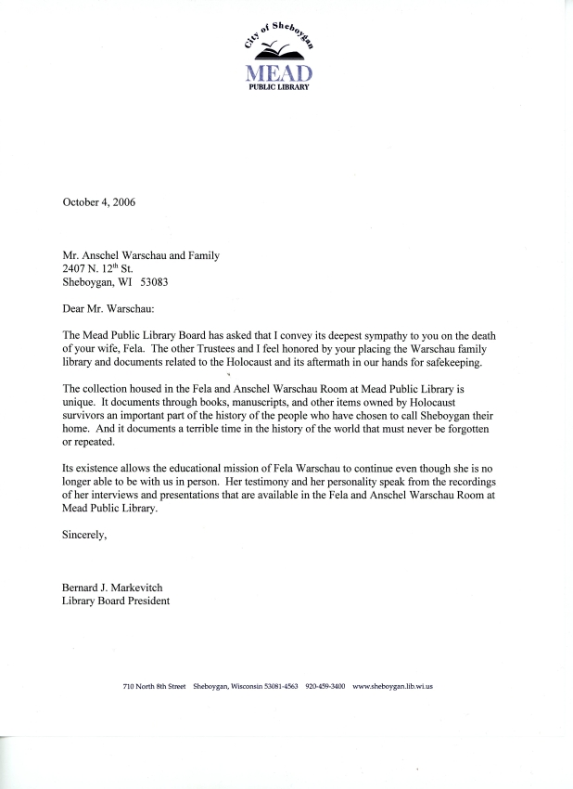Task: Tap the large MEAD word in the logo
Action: [279, 72]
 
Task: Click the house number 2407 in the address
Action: [76, 269]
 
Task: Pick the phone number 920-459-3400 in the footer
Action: [325, 687]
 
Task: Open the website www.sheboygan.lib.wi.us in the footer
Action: [394, 687]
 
